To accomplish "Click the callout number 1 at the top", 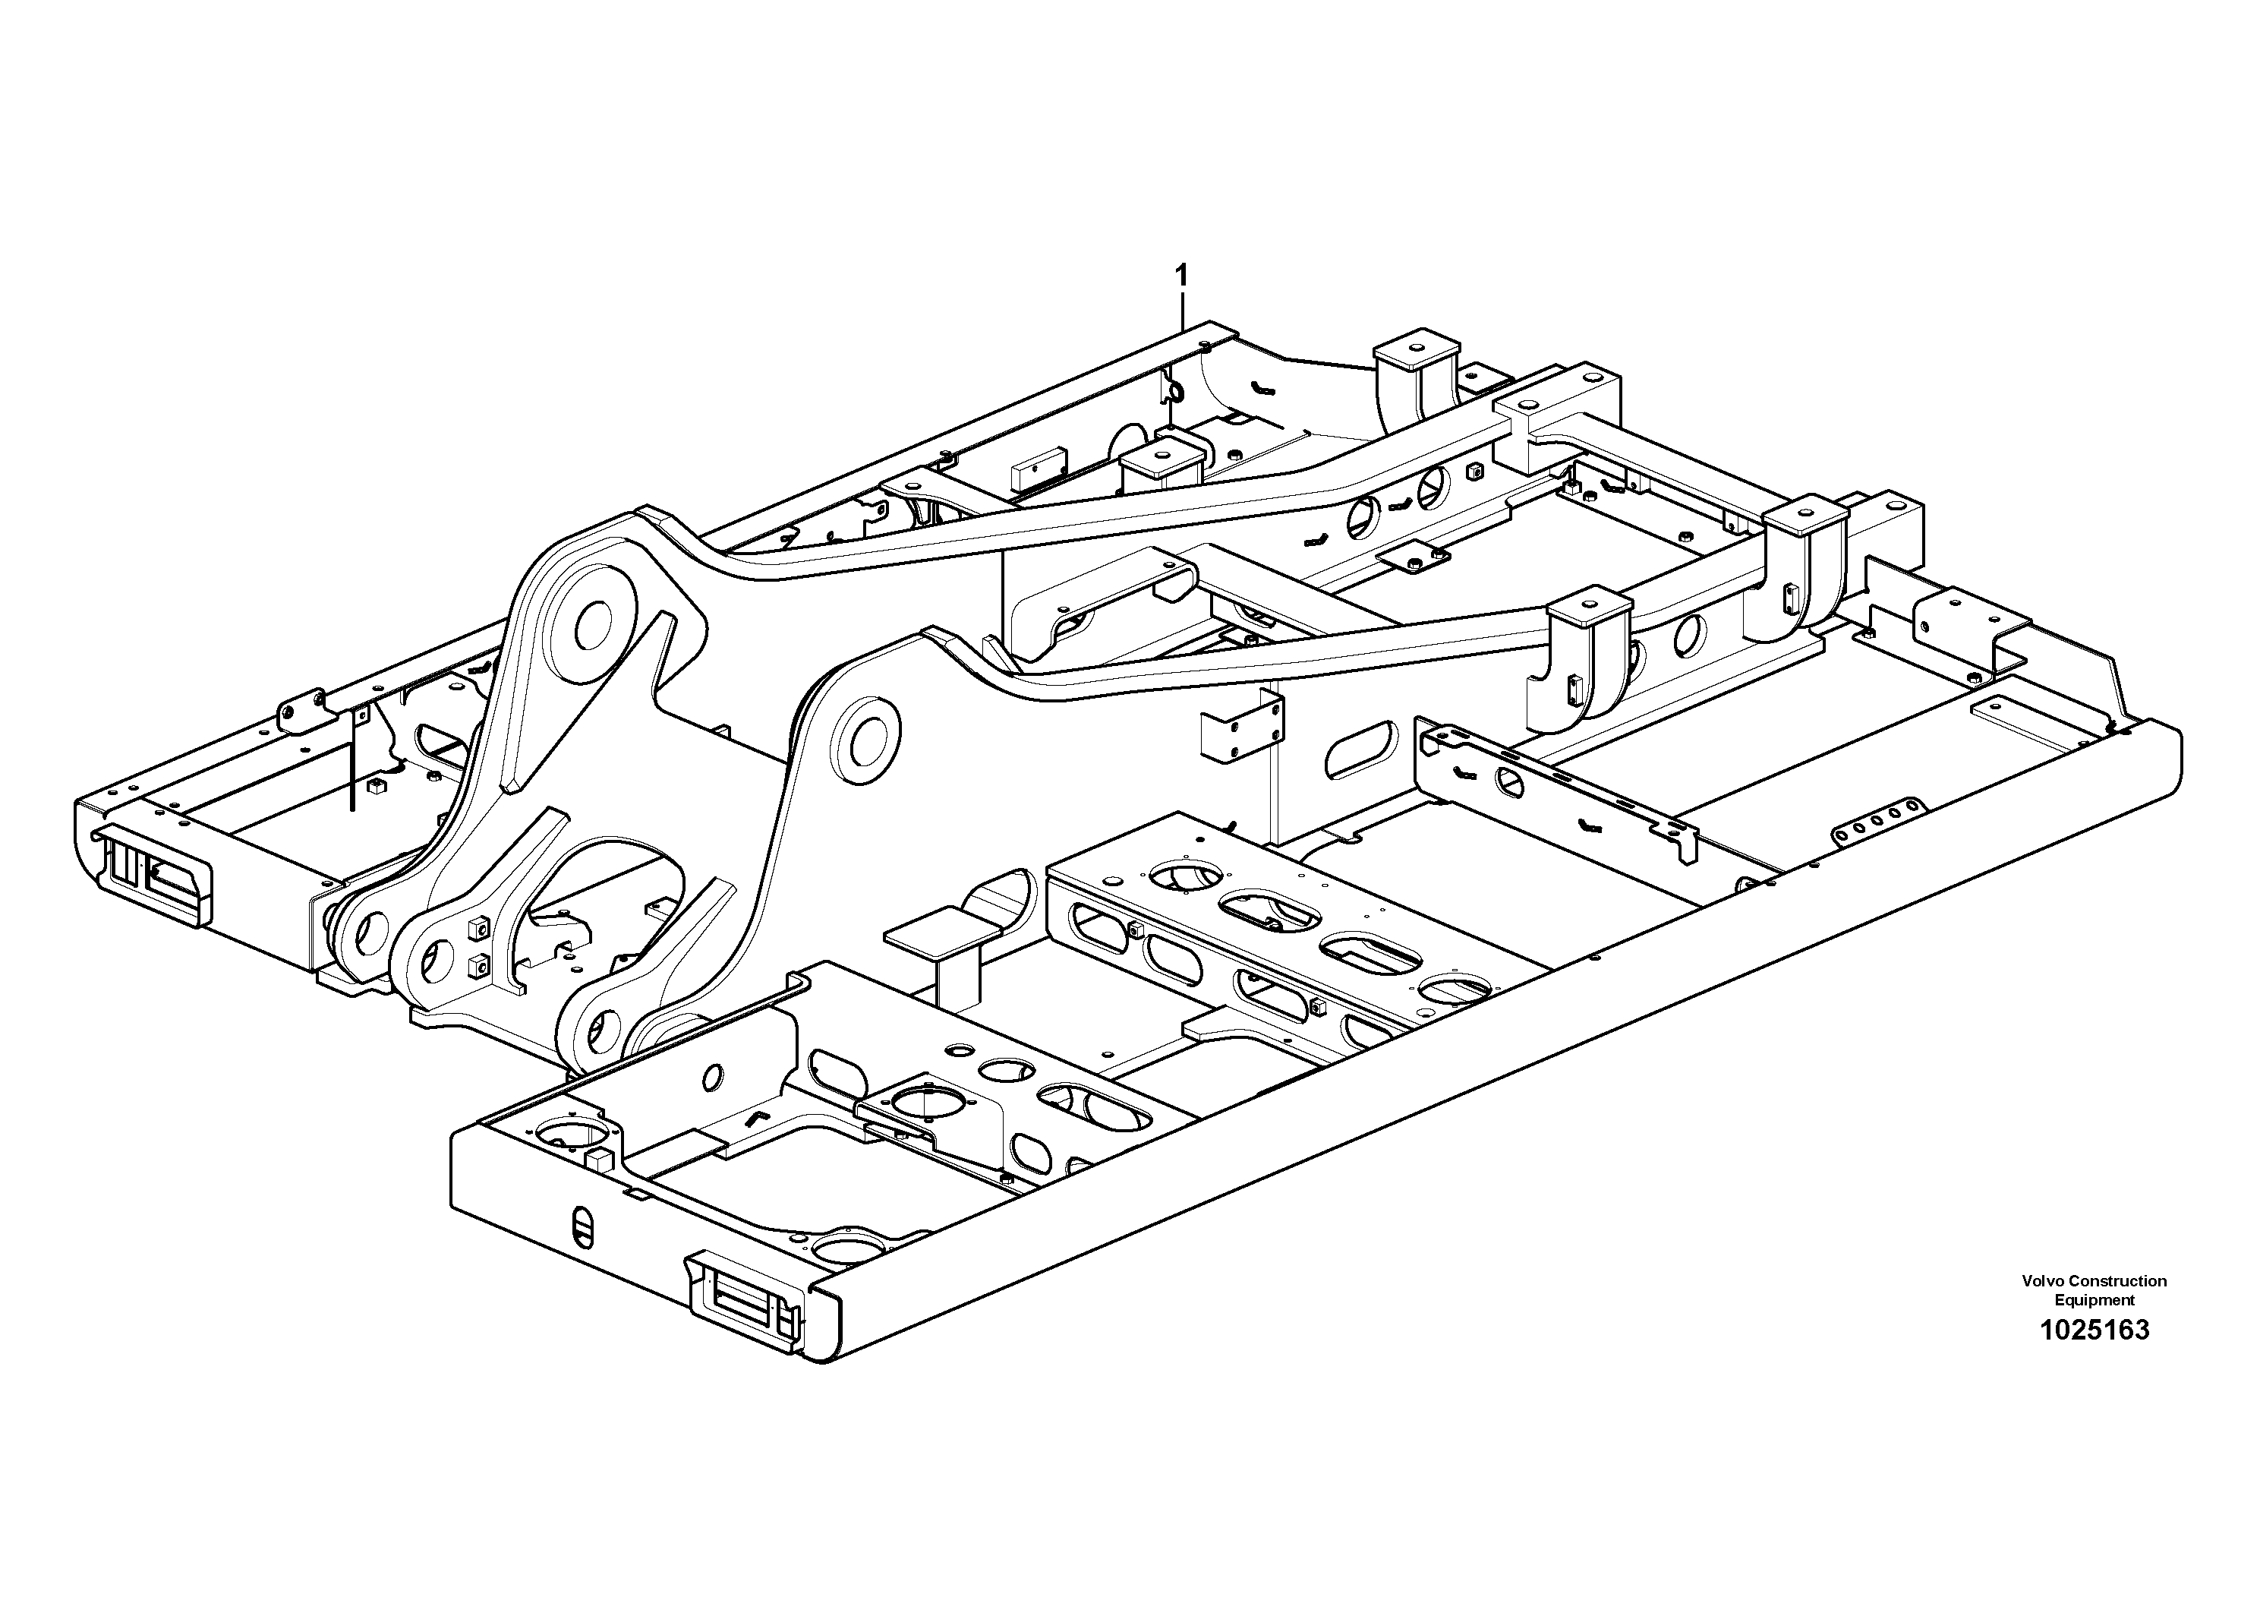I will tap(1181, 275).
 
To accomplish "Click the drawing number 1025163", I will tap(2094, 1330).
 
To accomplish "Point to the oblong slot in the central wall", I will tap(1361, 750).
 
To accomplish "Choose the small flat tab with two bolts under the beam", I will tap(1414, 559).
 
